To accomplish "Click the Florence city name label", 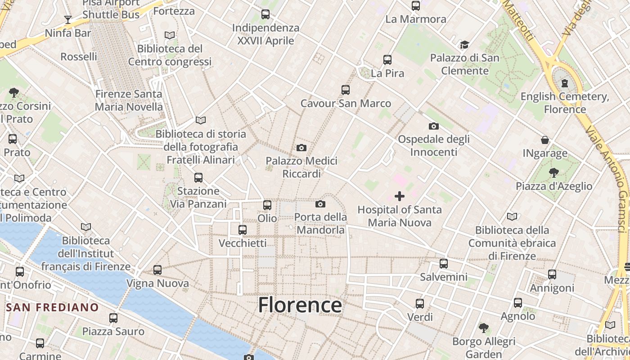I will (x=300, y=305).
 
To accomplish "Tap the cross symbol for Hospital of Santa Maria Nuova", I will (x=399, y=196).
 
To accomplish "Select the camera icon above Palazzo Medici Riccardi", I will (x=301, y=148).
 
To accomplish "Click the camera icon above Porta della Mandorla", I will (x=320, y=204).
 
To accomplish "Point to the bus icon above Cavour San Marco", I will (x=345, y=90).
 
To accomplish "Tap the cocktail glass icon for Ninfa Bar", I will (x=68, y=19).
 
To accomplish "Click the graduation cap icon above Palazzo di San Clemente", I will (x=464, y=45).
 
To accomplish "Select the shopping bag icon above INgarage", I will (x=545, y=140).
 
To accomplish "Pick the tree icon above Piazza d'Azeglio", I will (x=554, y=172).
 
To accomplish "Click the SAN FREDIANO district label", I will (x=53, y=307).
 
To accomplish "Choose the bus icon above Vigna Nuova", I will (x=157, y=270).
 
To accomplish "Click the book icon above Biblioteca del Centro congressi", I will (x=170, y=35).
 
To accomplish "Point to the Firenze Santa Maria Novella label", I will (x=129, y=100).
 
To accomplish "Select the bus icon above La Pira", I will (x=387, y=59).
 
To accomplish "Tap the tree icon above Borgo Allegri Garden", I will (x=484, y=328).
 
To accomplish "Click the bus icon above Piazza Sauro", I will (x=113, y=318).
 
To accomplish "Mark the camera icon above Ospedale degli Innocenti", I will (x=434, y=126).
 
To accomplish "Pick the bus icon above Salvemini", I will (x=444, y=263).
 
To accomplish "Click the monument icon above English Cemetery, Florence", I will (x=565, y=83).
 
